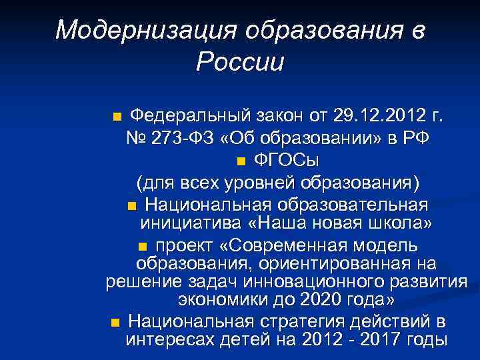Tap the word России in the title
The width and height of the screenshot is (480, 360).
point(240,63)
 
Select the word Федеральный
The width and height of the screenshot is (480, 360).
point(186,118)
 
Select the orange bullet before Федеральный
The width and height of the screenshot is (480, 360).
point(117,119)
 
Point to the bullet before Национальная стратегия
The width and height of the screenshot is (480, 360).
point(116,322)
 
